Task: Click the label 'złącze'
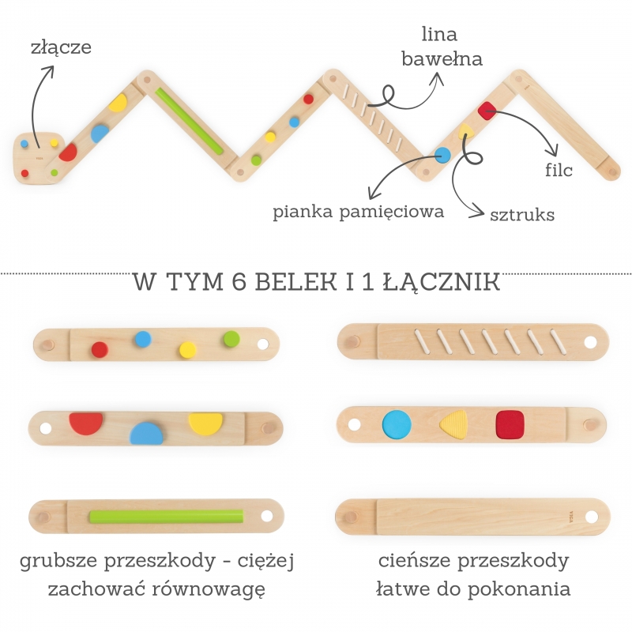[61, 47]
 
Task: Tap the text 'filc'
[559, 169]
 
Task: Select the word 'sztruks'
[521, 214]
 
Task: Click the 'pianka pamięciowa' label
[359, 212]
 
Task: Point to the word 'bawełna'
[442, 58]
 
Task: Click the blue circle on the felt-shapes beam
[397, 424]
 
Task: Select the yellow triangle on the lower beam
[456, 424]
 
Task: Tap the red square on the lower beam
[510, 424]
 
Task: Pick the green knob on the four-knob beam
[231, 339]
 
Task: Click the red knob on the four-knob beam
[100, 349]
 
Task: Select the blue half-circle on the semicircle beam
[146, 433]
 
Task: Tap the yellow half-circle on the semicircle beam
[205, 423]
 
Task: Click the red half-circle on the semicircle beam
[85, 423]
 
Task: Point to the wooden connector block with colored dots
[39, 158]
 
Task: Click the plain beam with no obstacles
[472, 517]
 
